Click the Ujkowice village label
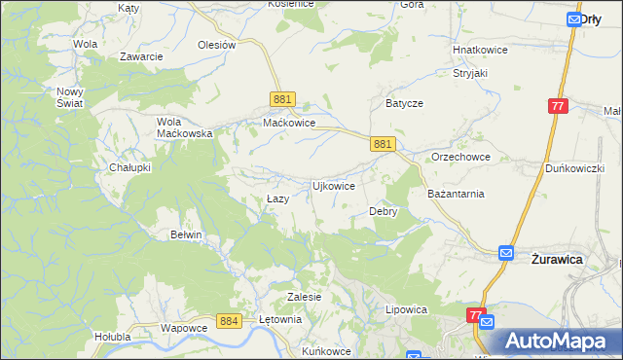pos(332,185)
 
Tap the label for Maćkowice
pos(289,124)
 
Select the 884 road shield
pos(230,320)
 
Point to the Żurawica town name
pos(556,260)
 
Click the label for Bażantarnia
pos(456,194)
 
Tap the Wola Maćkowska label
pos(185,127)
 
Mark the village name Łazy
pos(277,198)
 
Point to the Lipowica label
pos(407,309)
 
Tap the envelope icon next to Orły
pos(572,18)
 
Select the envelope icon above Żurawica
pos(506,253)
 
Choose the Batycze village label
pos(405,101)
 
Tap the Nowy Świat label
pos(69,97)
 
